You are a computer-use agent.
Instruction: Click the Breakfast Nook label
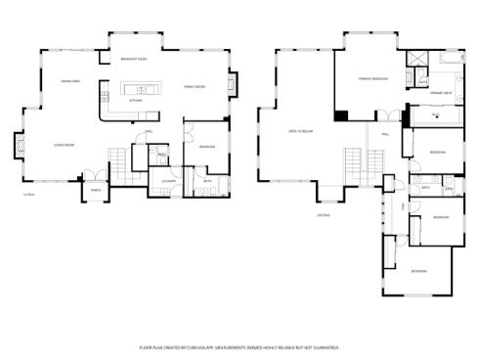tap(133, 61)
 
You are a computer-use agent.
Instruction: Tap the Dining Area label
tap(69, 81)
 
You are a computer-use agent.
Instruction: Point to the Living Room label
tap(64, 146)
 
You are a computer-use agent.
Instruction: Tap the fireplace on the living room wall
tap(17, 147)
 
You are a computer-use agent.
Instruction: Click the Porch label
tap(96, 190)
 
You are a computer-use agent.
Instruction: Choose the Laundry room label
tap(168, 181)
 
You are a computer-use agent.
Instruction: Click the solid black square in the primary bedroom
tap(340, 116)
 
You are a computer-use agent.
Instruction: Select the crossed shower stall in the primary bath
tap(417, 59)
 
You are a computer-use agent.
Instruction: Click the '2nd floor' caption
tap(324, 215)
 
